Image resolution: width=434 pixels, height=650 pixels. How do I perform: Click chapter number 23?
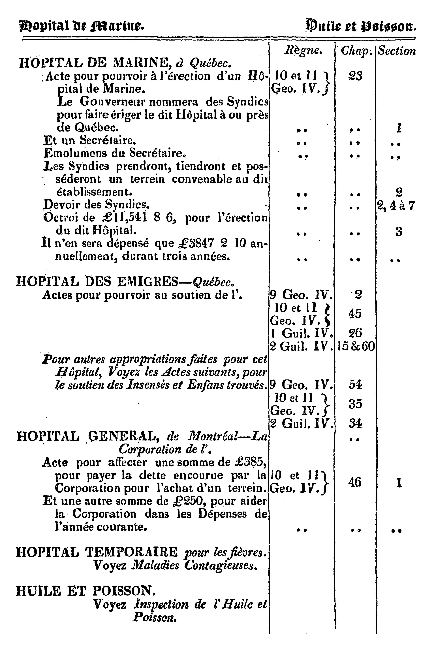pyautogui.click(x=355, y=76)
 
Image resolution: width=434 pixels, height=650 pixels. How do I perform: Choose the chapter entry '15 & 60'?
pyautogui.click(x=356, y=346)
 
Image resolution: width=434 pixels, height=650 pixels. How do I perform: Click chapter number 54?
pyautogui.click(x=355, y=385)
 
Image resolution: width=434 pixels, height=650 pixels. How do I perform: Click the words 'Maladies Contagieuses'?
pyautogui.click(x=193, y=565)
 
